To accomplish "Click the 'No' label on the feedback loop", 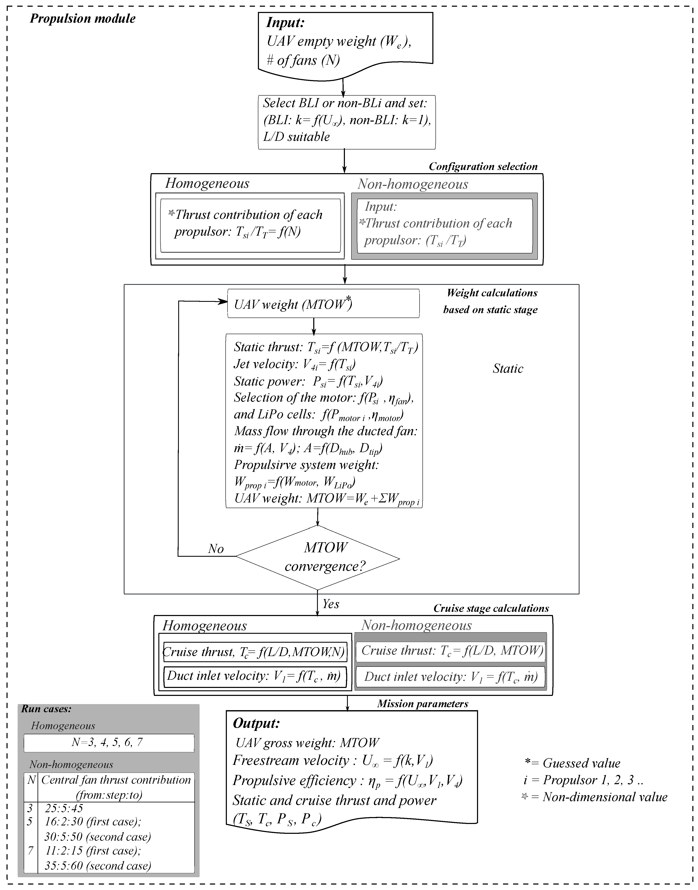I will coord(216,549).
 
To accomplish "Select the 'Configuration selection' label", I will coord(483,167).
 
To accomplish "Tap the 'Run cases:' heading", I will coord(46,709).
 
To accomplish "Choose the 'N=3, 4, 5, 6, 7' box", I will coord(109,742).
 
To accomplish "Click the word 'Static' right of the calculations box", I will coord(508,369).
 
